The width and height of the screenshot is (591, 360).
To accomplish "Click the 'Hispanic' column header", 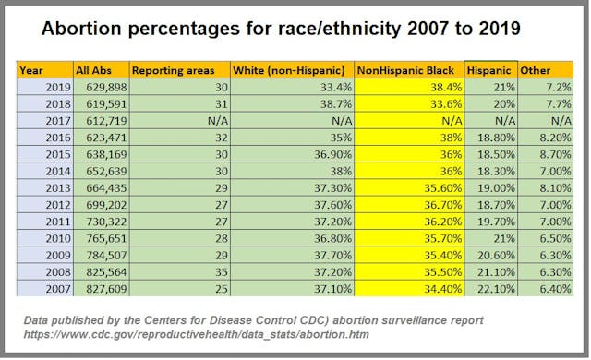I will (x=490, y=70).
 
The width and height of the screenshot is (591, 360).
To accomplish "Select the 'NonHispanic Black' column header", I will (x=409, y=70).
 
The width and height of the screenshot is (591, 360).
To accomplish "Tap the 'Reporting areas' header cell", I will (x=174, y=70).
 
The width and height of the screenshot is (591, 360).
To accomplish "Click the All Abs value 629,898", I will (x=103, y=87).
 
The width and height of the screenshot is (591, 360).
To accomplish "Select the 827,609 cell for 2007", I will (x=103, y=289).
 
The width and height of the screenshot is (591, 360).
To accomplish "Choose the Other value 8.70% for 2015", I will (x=553, y=154).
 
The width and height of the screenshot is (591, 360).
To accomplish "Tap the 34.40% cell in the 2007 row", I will (x=438, y=289).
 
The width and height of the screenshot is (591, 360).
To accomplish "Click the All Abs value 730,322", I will (x=103, y=222).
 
